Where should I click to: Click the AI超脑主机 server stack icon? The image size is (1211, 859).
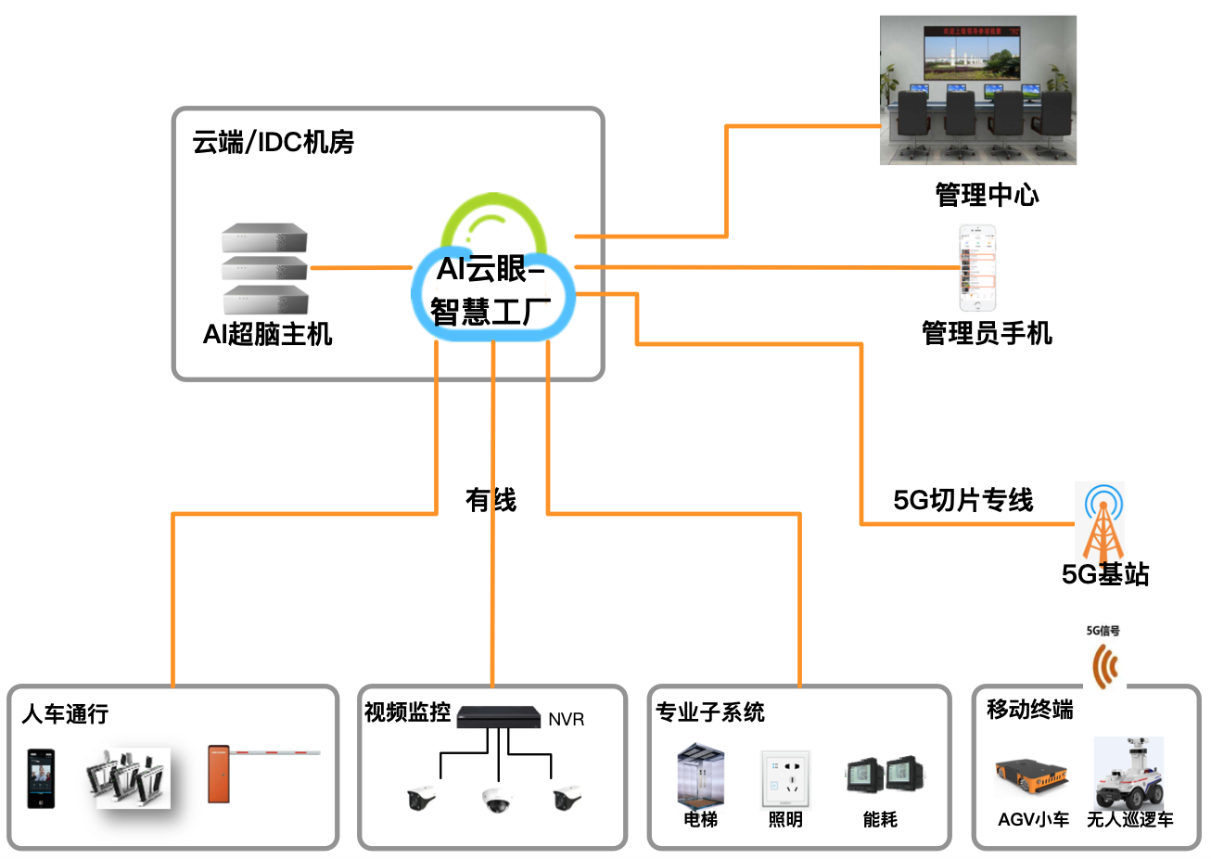[x=264, y=268]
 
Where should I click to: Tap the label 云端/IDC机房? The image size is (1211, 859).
[x=273, y=142]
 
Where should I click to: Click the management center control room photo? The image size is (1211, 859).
[x=977, y=90]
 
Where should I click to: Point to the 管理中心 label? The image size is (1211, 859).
[x=987, y=195]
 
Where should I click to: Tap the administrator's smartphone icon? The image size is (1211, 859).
[x=977, y=268]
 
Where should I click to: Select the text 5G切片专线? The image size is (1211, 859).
[x=962, y=500]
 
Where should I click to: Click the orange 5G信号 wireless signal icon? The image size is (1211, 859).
[x=1104, y=665]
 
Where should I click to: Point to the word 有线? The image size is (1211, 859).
[x=491, y=500]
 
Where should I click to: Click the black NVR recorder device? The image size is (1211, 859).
[x=498, y=716]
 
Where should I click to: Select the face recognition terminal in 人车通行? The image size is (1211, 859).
[x=41, y=778]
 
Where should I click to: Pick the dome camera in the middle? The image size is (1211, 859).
[x=496, y=800]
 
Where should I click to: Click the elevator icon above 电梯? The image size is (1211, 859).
[x=700, y=776]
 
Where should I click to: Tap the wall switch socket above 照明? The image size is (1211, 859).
[x=785, y=778]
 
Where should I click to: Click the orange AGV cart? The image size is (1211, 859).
[x=1031, y=778]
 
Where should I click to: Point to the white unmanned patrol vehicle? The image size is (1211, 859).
[x=1128, y=774]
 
